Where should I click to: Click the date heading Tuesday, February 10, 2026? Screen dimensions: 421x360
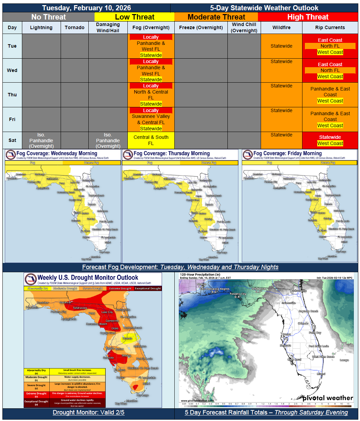(x=86, y=8)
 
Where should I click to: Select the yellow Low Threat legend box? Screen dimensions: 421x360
(x=134, y=17)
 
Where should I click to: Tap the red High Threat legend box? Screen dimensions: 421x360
(x=308, y=17)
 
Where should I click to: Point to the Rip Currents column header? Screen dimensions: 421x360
(x=330, y=27)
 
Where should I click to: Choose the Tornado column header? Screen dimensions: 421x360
(x=74, y=27)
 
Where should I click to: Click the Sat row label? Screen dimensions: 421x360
(x=12, y=141)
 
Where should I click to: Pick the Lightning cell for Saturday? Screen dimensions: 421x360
(x=41, y=141)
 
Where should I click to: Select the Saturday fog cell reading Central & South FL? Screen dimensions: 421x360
(x=151, y=140)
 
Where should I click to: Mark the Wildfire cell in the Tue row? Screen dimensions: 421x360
(x=281, y=46)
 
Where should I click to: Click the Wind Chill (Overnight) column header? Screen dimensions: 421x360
(x=244, y=27)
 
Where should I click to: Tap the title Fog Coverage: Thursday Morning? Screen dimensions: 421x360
(x=171, y=154)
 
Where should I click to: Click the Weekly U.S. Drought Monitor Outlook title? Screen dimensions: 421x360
(x=88, y=278)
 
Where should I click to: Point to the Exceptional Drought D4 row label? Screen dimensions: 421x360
(x=36, y=403)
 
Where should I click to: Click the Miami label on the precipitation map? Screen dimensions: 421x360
(x=321, y=374)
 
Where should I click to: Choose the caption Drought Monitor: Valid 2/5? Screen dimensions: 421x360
(x=88, y=412)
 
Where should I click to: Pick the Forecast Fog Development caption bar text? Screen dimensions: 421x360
(x=180, y=267)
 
